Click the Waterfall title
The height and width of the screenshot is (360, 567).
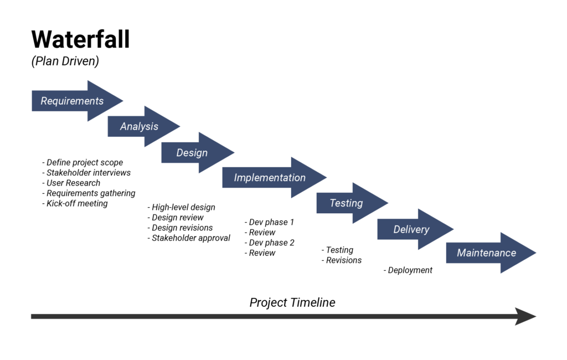pos(80,40)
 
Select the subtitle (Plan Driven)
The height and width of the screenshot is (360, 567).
pos(65,61)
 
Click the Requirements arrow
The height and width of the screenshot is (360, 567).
pos(73,101)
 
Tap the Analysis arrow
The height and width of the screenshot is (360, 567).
pos(140,126)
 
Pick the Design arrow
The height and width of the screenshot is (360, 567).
pos(192,152)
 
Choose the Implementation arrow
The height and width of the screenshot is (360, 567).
pos(270,178)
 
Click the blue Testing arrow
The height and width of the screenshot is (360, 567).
pos(347,203)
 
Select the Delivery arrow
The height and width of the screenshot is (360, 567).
pos(411,229)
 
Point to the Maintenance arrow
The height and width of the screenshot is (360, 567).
pos(487,253)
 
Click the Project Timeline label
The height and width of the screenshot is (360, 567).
pos(292,302)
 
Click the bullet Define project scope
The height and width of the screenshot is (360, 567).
pos(83,162)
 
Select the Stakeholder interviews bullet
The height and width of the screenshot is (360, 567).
pos(86,173)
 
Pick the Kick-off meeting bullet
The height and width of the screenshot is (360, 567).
pos(75,203)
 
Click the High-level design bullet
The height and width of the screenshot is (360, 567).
pos(181,207)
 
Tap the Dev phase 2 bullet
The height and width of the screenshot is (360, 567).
pos(269,243)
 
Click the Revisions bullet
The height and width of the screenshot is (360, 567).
pos(342,260)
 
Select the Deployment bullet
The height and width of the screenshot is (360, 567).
pos(408,270)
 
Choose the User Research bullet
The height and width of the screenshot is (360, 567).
pos(71,183)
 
